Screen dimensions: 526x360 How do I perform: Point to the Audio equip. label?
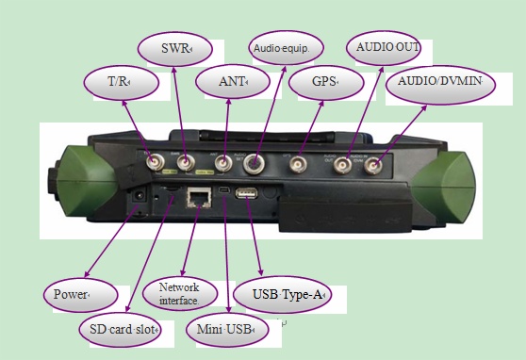286,46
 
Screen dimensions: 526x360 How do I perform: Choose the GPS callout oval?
325,83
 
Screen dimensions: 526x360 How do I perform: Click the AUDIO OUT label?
383,46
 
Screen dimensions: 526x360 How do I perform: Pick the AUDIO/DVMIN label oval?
439,83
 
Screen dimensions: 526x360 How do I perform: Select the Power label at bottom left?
79,294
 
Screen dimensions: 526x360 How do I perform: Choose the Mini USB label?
226,330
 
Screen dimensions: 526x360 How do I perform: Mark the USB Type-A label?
282,295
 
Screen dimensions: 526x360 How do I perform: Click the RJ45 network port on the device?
199,196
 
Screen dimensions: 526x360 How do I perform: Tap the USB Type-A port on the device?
248,194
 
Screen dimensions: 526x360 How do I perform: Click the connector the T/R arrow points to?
150,163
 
